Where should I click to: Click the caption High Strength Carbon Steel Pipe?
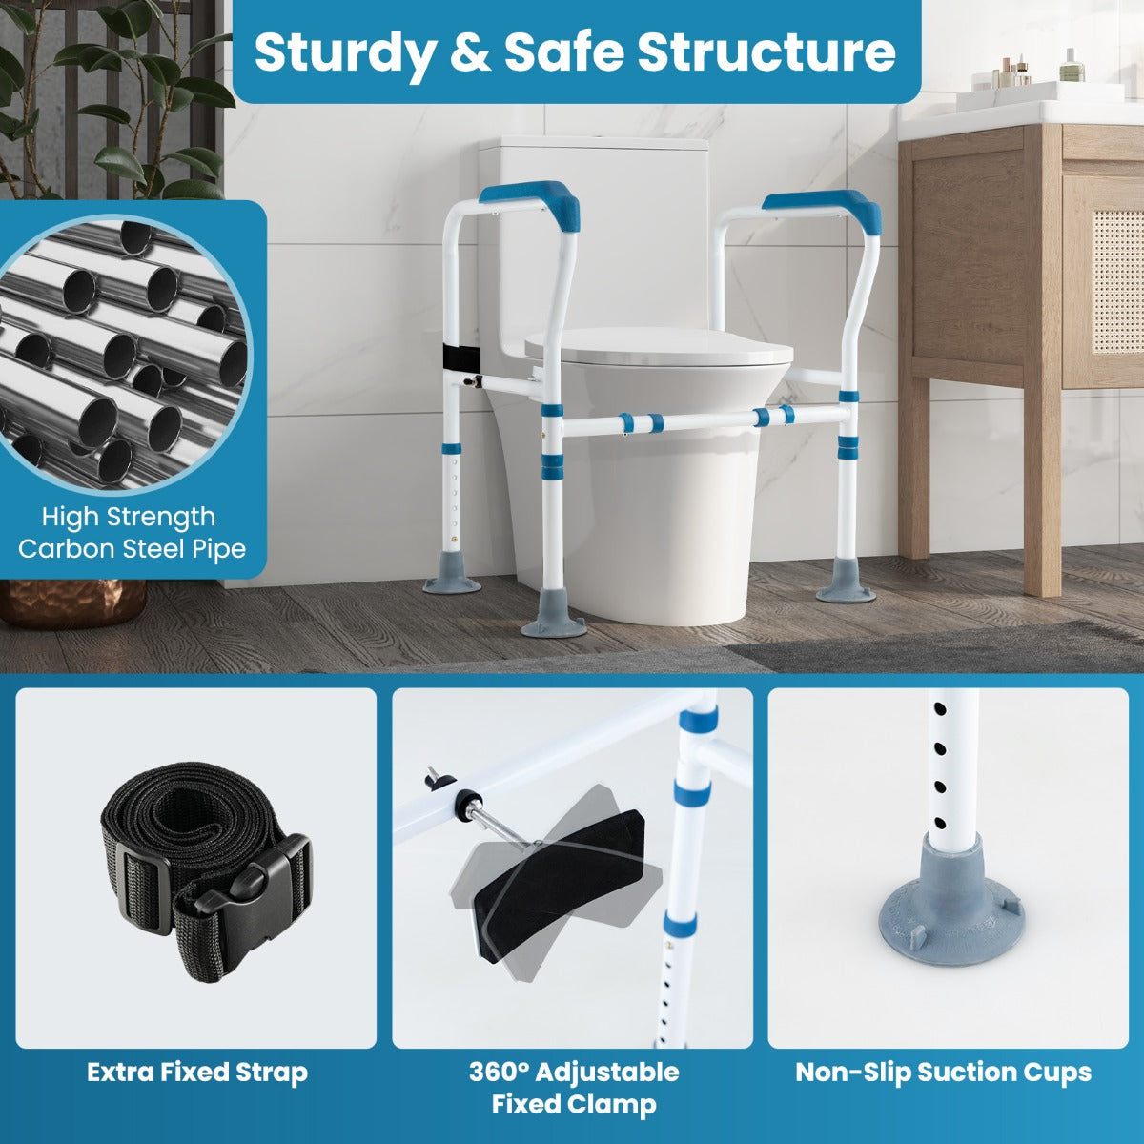[x=132, y=533]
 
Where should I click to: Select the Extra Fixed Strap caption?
[x=197, y=1072]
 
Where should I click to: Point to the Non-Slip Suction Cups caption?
[x=943, y=1072]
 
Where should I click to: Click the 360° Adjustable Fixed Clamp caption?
[x=574, y=1088]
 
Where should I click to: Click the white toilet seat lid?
[x=658, y=349]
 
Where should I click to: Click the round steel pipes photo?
[x=124, y=353]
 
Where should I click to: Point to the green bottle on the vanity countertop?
[x=1072, y=67]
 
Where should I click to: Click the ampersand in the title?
[x=469, y=52]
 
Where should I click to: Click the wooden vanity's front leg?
[x=1041, y=496]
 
